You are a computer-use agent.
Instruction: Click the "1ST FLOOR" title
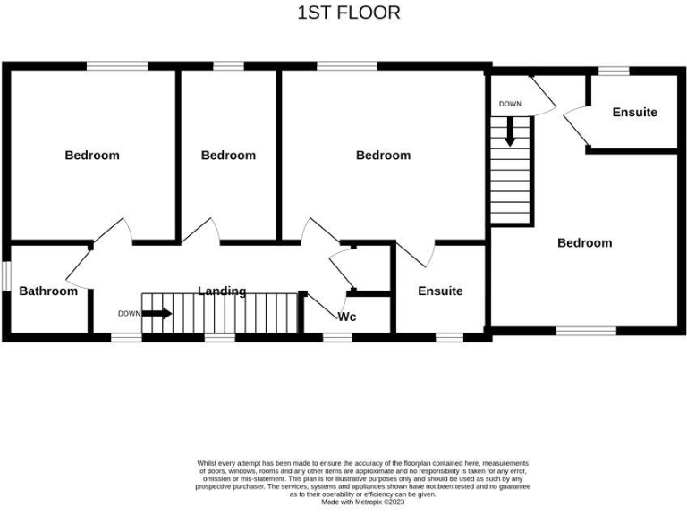pos(348,13)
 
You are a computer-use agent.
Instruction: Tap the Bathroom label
pos(48,291)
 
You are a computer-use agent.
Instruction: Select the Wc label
pos(348,317)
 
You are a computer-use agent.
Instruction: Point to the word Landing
pos(222,291)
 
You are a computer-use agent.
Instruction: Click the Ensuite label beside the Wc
pos(440,291)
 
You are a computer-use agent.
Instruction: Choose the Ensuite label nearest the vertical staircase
pos(634,112)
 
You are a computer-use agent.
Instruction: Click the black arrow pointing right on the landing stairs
pos(157,313)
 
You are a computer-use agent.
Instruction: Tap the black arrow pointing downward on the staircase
pos(510,133)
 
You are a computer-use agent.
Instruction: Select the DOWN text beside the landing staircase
pos(129,314)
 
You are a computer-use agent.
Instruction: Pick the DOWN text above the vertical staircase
pos(510,104)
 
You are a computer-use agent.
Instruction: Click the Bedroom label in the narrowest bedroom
pos(228,155)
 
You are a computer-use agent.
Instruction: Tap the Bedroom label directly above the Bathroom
pos(91,155)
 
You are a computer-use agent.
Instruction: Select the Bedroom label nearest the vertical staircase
pos(584,242)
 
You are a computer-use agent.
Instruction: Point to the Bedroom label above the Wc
pos(383,155)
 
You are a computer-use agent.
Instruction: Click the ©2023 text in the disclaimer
pos(394,502)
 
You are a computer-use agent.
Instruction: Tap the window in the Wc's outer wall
pos(336,337)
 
